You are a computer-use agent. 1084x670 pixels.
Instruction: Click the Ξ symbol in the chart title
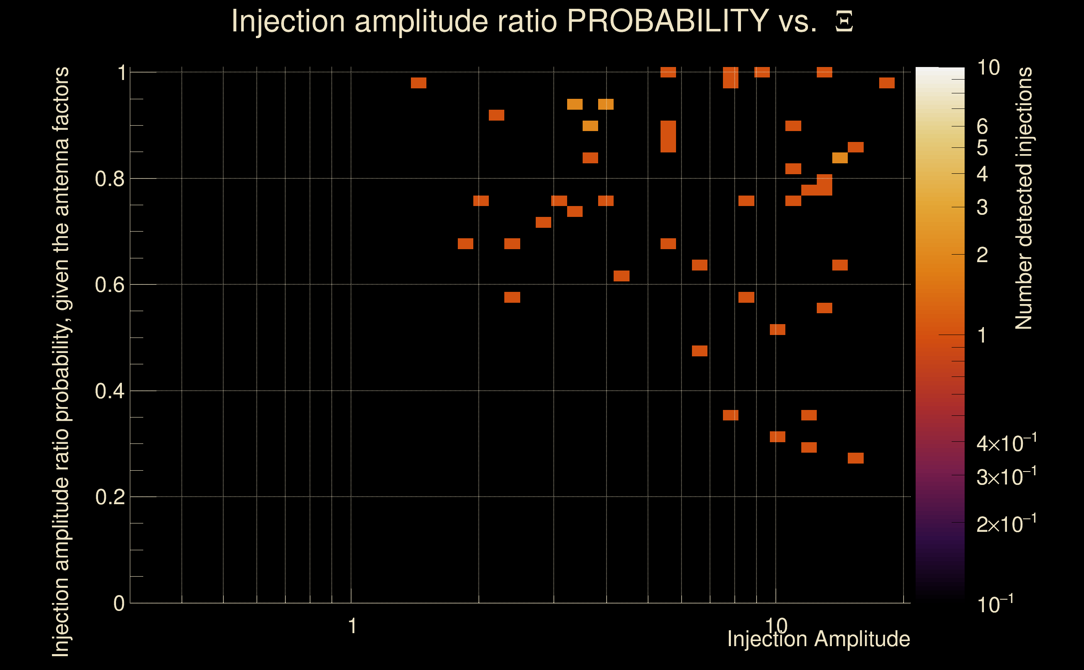tap(844, 22)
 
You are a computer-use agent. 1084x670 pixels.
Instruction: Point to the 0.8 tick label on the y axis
tap(109, 179)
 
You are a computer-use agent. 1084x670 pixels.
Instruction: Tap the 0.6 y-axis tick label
tap(109, 285)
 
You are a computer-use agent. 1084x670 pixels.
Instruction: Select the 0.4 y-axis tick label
tap(109, 391)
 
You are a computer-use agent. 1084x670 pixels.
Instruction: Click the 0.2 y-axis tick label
tap(109, 497)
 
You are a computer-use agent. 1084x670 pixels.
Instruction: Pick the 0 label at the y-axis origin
tap(119, 603)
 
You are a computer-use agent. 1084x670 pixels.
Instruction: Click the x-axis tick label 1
tap(352, 626)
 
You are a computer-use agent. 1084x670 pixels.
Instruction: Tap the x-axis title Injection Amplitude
tap(818, 639)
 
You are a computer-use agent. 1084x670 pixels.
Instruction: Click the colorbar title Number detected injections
tap(1024, 198)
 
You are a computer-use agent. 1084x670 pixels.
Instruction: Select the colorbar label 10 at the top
tap(988, 68)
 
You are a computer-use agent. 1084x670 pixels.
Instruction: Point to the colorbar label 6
tap(982, 127)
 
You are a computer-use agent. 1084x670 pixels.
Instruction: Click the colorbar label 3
tap(982, 207)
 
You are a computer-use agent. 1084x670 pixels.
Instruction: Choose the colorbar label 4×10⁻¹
tap(1006, 443)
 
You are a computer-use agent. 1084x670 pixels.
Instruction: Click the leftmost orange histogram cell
tap(418, 83)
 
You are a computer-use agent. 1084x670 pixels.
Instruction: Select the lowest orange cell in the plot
tap(855, 458)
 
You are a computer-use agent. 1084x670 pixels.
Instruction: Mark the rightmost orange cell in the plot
tap(887, 83)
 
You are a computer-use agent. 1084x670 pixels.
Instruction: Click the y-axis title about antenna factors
tap(61, 361)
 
